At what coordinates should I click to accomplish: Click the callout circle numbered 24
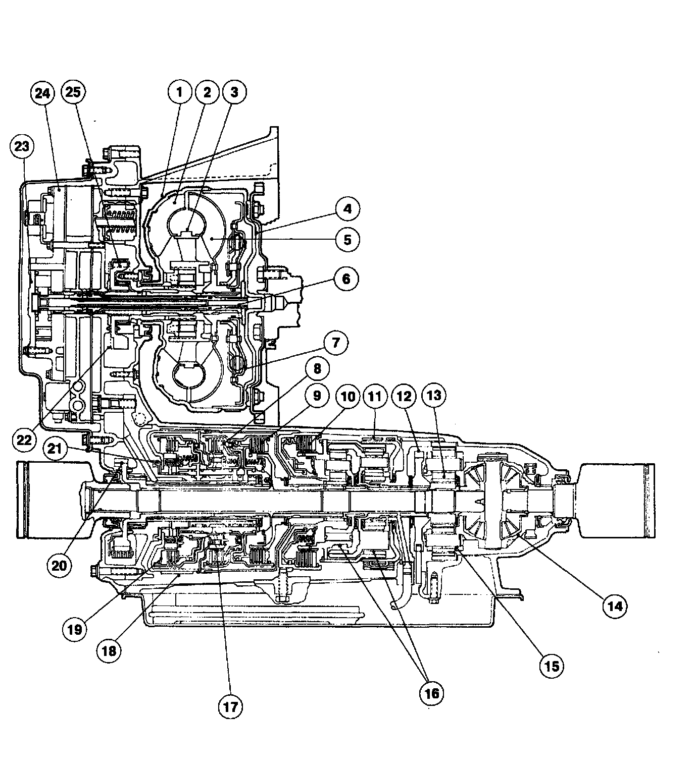point(42,93)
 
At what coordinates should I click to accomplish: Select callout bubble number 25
point(74,92)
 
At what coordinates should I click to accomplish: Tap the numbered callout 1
point(180,92)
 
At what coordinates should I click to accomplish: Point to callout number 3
point(234,92)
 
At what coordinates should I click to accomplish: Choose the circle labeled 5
point(347,240)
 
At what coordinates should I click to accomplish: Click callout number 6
point(346,279)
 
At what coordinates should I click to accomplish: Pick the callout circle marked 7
point(336,343)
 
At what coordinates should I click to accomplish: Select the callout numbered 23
point(22,146)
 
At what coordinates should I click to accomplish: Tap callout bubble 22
point(24,440)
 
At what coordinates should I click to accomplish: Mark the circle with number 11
point(375,396)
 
